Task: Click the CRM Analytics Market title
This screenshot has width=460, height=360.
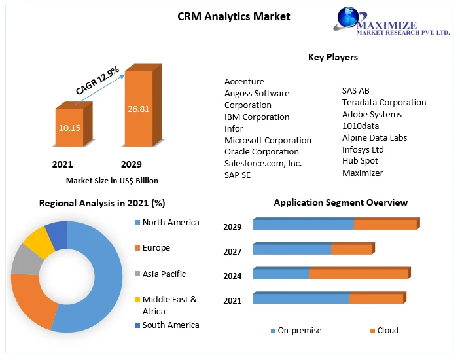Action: coord(234,16)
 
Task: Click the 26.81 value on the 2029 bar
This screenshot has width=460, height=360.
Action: coord(138,109)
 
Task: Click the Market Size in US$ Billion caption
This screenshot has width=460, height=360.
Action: coord(112,180)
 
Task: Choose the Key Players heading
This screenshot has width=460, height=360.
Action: coord(332,57)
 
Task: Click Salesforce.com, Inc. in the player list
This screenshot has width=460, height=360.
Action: coord(263,163)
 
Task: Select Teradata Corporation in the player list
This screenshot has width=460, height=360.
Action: coord(383,102)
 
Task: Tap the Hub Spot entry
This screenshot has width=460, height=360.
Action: coord(360,161)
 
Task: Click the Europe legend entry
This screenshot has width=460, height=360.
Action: coord(156,248)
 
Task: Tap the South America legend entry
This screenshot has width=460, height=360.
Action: coord(170,325)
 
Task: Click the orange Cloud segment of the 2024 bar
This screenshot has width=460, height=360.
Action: coord(359,274)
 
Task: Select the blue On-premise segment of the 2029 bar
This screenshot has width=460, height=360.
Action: coord(303,225)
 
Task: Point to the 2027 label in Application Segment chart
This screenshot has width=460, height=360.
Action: coord(232,251)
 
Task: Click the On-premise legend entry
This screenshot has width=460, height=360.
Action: coord(299,331)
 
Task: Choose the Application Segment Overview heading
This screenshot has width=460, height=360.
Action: coord(340,202)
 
